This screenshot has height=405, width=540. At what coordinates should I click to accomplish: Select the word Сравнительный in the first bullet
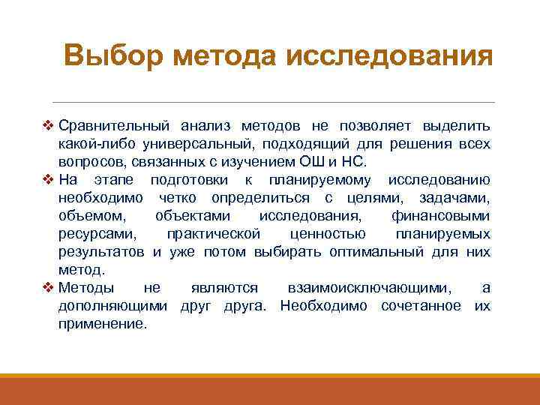click(x=109, y=124)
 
